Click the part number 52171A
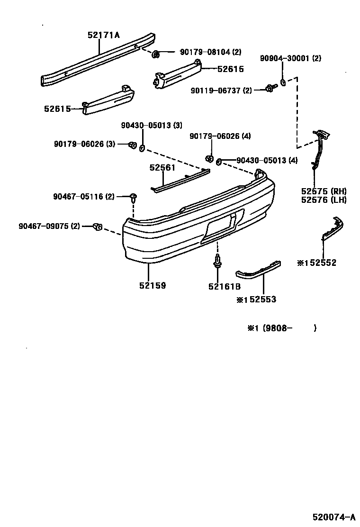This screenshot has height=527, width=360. pos(103,35)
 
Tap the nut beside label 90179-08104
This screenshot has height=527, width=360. pos(155,55)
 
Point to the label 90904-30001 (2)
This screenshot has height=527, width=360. pos(290,59)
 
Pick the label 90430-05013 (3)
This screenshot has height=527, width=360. pos(151,126)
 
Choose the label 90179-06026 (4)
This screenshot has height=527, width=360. pos(220,136)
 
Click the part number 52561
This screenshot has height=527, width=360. pos(162,168)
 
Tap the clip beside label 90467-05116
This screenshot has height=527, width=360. pos(134,197)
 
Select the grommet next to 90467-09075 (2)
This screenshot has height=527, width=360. pos(98,227)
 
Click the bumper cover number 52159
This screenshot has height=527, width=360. pos(153,286)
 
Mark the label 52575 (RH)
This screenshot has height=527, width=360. pos(324,191)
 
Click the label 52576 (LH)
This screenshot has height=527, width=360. pos(324,200)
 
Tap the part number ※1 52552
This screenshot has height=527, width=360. pos(316,263)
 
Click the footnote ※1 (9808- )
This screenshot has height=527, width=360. pos(282,328)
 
